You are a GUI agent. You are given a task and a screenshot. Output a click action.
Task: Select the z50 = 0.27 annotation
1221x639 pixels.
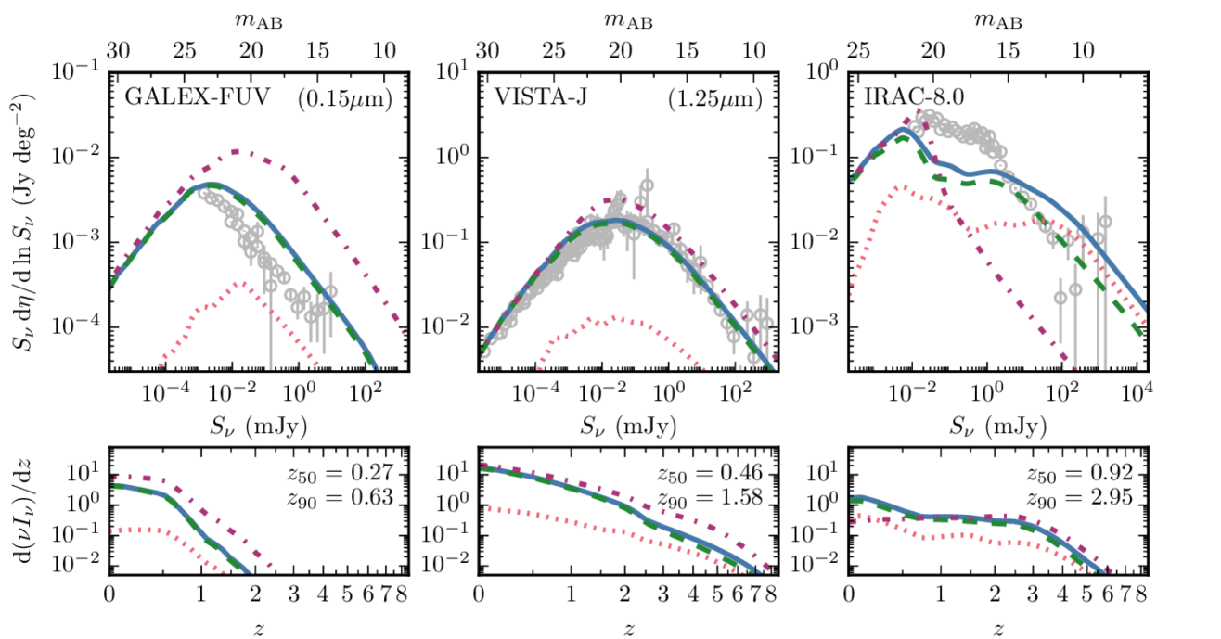(x=341, y=475)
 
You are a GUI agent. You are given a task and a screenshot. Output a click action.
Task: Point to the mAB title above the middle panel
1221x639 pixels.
(x=628, y=19)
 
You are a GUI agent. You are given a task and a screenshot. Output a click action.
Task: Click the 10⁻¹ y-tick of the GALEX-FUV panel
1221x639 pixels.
(x=79, y=71)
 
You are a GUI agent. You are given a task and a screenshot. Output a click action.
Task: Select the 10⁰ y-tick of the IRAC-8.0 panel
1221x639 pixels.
(x=823, y=71)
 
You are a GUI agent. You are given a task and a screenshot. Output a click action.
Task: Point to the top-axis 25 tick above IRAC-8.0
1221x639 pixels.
(x=859, y=50)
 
